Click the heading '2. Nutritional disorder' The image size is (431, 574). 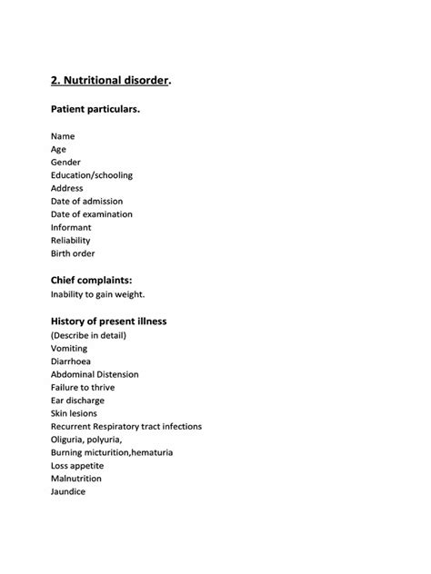[110, 80]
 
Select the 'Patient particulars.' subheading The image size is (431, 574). [95, 109]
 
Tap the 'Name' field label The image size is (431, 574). [63, 136]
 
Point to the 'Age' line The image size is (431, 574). [59, 149]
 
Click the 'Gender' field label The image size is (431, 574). [66, 162]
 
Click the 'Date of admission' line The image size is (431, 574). [87, 201]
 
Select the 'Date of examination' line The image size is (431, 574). [92, 214]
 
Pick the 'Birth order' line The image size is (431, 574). [74, 253]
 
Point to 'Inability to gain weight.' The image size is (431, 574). [98, 294]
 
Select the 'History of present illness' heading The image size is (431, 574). [109, 321]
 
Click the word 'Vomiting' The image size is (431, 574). [71, 348]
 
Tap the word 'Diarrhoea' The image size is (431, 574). [72, 361]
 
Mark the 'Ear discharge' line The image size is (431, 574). [78, 400]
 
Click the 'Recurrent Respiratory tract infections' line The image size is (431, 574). [126, 426]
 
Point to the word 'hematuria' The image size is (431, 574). [151, 452]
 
